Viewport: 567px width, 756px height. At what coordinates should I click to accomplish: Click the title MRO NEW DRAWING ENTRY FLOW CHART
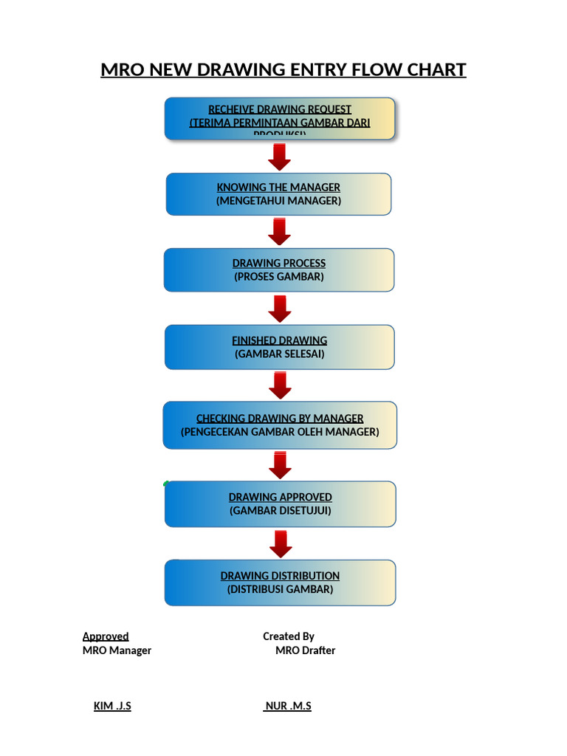283,70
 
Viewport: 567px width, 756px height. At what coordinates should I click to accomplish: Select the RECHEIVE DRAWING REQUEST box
279,119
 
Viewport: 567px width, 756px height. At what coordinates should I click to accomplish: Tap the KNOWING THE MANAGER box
278,194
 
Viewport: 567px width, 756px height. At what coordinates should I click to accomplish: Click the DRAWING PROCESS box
278,270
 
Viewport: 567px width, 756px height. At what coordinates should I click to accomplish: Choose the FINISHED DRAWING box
279,347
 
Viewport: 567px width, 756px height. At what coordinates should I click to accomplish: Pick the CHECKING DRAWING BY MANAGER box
279,425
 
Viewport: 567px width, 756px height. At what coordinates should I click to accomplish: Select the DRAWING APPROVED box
280,504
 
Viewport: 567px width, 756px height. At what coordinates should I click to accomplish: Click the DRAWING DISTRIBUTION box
280,583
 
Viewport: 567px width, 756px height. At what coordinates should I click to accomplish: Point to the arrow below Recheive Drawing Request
279,157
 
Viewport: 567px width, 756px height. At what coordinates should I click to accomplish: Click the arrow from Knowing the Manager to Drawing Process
279,232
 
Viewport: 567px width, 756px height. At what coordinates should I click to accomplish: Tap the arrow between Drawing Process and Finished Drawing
279,309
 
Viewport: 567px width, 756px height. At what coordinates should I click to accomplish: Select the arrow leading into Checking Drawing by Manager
280,385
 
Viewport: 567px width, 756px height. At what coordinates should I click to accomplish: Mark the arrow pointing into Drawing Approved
280,465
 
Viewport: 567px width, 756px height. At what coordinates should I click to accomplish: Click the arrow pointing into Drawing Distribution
281,544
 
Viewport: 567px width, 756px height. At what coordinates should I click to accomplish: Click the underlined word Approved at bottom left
106,636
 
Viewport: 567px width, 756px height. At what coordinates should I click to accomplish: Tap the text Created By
289,636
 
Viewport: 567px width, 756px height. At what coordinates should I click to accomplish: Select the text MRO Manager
117,650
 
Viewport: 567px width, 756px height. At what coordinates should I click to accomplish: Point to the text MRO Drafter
305,650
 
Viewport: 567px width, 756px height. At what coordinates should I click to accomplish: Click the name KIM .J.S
112,706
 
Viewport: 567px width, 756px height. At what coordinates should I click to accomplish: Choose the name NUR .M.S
288,706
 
